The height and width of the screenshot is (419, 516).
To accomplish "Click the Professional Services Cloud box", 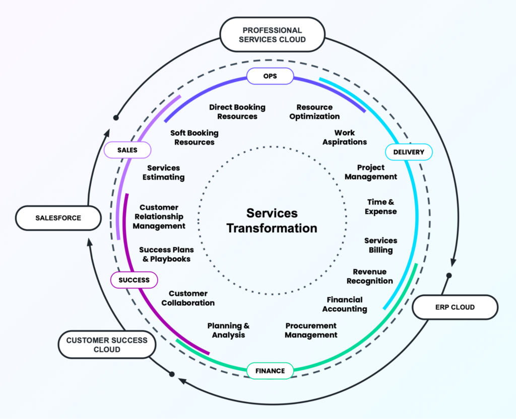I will (272, 34).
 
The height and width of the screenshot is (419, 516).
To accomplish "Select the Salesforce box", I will (58, 218).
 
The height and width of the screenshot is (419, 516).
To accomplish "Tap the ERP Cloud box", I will (455, 307).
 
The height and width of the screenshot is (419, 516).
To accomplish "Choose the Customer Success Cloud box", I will (107, 345).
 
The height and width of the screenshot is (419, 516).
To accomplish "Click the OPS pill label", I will (270, 76).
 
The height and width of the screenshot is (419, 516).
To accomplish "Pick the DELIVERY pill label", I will (408, 152).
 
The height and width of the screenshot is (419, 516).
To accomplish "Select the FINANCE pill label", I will (270, 371).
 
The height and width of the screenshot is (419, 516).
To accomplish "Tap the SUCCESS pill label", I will (134, 280).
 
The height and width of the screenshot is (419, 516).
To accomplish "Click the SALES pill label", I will (127, 150).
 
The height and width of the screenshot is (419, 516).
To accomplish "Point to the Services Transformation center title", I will (272, 220).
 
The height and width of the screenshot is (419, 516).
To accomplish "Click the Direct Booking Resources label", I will (237, 112).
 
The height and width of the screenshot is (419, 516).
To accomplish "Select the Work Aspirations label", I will (345, 137).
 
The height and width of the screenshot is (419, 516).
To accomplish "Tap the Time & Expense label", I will (380, 207).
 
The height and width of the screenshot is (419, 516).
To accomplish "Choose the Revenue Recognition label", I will (369, 276).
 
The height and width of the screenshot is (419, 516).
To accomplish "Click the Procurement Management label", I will (311, 330).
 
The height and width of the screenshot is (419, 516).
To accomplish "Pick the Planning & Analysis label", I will (228, 330).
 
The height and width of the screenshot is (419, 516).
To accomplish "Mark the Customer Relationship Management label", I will (159, 217).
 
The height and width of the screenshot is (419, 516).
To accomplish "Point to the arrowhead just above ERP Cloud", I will (453, 262).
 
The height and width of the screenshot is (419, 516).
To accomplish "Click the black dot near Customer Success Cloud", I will (172, 374).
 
